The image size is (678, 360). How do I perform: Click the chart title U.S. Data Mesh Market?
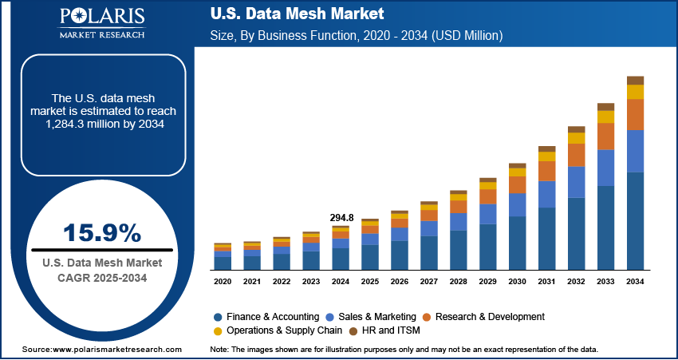tap(298, 14)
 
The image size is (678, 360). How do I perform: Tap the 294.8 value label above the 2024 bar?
tap(341, 217)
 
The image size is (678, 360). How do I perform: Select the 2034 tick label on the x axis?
tap(635, 282)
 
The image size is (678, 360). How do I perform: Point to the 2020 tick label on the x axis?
tap(223, 282)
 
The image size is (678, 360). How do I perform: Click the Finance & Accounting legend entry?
tap(268, 317)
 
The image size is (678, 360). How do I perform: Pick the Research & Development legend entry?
tap(487, 317)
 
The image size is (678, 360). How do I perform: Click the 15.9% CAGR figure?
tap(102, 233)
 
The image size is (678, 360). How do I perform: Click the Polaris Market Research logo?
tap(101, 23)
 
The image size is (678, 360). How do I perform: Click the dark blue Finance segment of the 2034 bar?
tap(635, 221)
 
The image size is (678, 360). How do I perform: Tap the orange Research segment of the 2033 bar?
tap(606, 136)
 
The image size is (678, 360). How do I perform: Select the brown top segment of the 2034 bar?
tap(635, 80)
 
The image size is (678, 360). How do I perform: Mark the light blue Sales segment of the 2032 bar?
tap(577, 182)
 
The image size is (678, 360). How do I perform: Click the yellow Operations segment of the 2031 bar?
tap(547, 156)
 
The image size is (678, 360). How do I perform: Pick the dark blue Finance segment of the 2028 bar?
tap(459, 250)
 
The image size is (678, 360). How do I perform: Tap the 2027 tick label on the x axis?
tap(429, 282)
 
